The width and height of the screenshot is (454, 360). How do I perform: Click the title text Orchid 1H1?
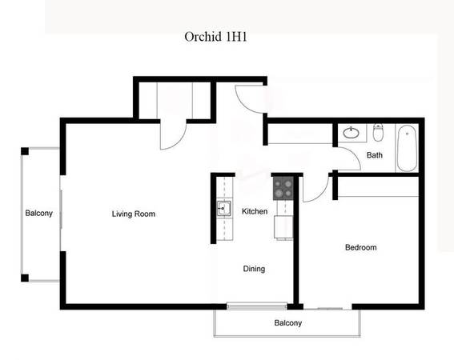(x=215, y=37)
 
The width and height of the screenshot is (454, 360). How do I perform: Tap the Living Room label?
(x=134, y=214)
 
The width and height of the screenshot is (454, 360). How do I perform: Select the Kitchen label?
(x=255, y=211)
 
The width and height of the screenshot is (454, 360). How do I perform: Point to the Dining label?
(x=254, y=269)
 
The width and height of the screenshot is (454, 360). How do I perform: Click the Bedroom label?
(x=361, y=247)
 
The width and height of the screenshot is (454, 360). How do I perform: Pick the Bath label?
(x=375, y=155)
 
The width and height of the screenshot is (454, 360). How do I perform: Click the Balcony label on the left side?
(x=38, y=214)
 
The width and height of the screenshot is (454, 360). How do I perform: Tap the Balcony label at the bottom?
(x=288, y=322)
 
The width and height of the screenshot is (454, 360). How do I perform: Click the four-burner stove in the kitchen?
(x=283, y=188)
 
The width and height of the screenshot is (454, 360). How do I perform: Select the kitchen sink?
(x=224, y=208)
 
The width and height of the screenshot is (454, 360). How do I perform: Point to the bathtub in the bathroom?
(x=407, y=148)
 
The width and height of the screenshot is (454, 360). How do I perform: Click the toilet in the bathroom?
(x=378, y=132)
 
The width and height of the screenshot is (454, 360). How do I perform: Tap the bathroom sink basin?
(x=352, y=133)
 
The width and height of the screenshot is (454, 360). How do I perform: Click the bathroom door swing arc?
(x=355, y=154)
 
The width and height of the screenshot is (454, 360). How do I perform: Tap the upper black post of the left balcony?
(x=25, y=151)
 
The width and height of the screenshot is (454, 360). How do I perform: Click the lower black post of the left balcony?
(x=25, y=278)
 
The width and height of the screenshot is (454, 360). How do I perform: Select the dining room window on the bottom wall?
(x=256, y=306)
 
